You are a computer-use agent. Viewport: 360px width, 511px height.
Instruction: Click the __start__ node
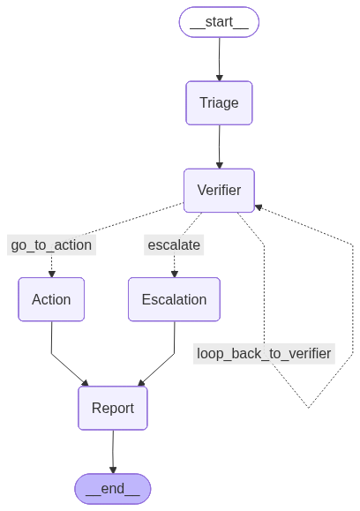tap(219, 22)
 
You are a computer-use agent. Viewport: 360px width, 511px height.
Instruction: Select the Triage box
tap(219, 102)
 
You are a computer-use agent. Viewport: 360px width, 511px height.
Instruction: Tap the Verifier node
tap(219, 190)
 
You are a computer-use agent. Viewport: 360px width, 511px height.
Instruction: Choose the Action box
tap(51, 299)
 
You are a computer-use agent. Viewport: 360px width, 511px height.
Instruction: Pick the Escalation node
tap(174, 299)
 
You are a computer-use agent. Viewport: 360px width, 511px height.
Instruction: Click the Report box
tap(113, 408)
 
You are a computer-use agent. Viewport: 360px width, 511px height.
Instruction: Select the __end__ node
tap(113, 489)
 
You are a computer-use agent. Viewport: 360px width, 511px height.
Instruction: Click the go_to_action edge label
tap(51, 244)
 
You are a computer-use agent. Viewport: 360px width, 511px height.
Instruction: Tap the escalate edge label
tap(174, 244)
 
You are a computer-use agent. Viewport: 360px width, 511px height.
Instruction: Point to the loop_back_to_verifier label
tap(264, 353)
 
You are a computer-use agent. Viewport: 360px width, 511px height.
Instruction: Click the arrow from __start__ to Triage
tap(219, 58)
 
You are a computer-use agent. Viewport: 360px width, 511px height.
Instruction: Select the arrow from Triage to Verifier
tap(219, 146)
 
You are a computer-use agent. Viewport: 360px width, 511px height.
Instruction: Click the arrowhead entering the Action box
tap(51, 274)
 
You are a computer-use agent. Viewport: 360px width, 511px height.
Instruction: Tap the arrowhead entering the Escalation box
tap(174, 274)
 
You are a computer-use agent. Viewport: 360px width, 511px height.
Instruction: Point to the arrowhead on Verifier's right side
tap(259, 207)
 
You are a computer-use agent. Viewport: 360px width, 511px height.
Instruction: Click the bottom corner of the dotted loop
tap(308, 408)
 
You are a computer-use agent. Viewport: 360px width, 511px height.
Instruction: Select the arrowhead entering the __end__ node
tap(113, 470)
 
